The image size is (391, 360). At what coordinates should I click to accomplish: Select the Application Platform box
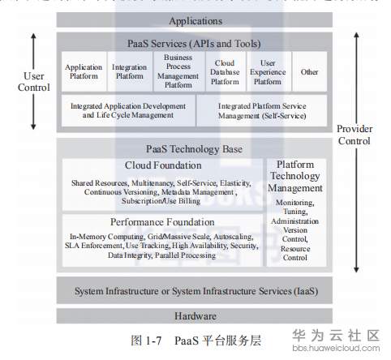pyautogui.click(x=84, y=72)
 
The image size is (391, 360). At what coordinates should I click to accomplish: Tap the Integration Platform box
pyautogui.click(x=130, y=72)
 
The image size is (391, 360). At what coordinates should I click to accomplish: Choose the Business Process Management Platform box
pyautogui.click(x=178, y=71)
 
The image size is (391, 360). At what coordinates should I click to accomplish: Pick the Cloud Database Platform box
pyautogui.click(x=225, y=71)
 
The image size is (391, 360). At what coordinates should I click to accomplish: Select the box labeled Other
pyautogui.click(x=309, y=72)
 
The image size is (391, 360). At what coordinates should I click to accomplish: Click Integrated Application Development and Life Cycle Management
pyautogui.click(x=127, y=110)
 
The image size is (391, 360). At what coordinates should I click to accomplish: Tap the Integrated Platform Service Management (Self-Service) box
pyautogui.click(x=261, y=110)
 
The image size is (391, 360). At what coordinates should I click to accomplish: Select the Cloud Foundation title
pyautogui.click(x=162, y=165)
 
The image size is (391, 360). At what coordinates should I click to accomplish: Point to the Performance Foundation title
pyautogui.click(x=162, y=221)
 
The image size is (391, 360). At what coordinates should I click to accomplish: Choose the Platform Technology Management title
pyautogui.click(x=296, y=176)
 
